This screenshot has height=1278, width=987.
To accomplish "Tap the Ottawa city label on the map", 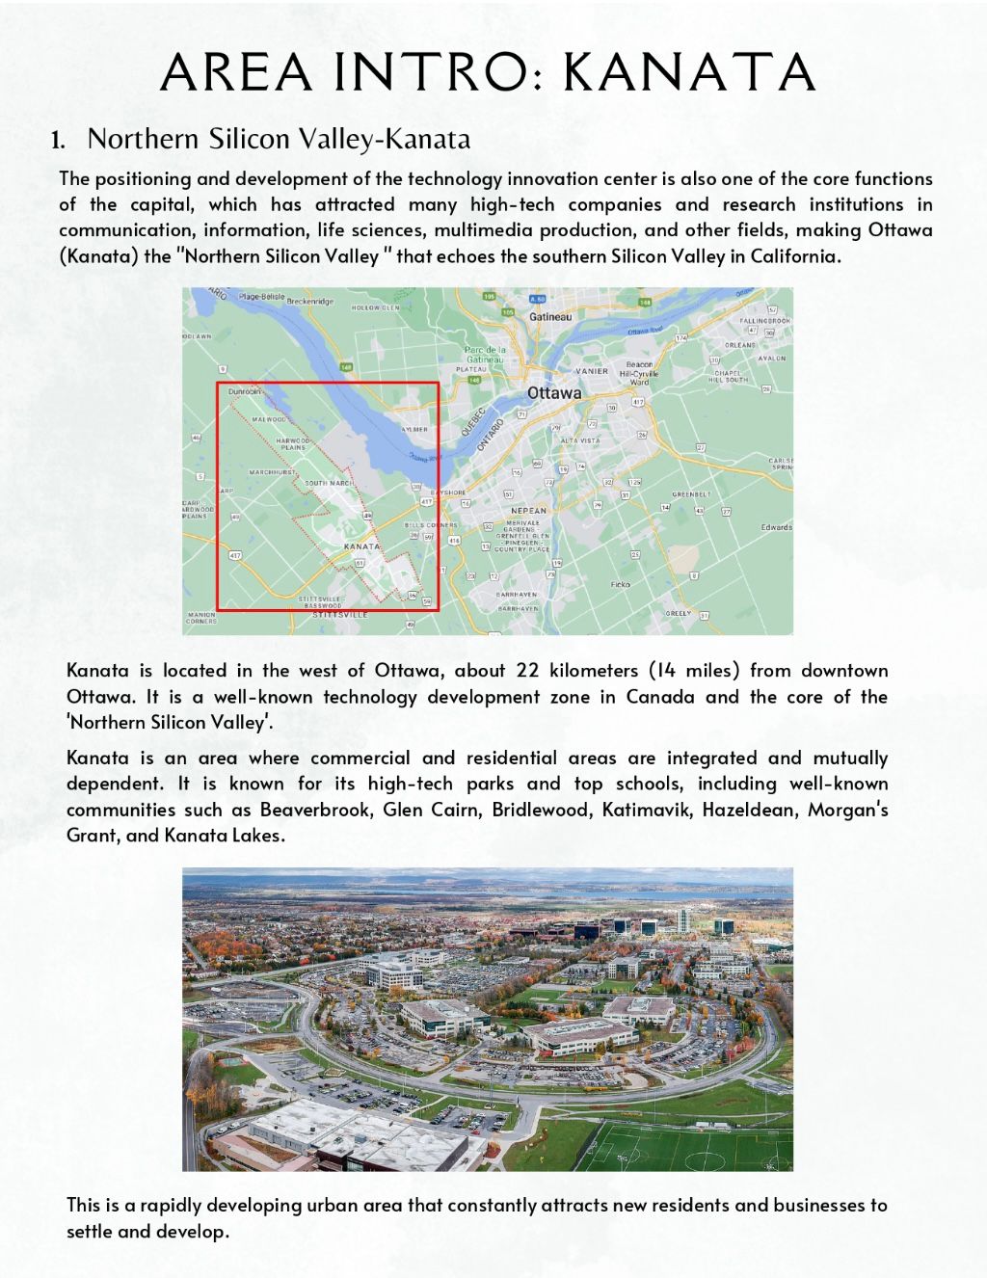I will (554, 393).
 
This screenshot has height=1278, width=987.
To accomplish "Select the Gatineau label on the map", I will (550, 317).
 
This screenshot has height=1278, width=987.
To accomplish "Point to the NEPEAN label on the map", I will (529, 511).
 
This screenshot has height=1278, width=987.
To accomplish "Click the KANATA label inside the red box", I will (362, 546).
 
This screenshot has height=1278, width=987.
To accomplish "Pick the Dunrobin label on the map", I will (245, 392).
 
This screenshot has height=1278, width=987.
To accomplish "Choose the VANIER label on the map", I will (592, 371).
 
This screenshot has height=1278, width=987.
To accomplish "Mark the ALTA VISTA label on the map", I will (580, 440).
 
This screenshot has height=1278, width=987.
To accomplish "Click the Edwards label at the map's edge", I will (776, 527).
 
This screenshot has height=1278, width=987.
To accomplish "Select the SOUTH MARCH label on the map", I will (329, 483).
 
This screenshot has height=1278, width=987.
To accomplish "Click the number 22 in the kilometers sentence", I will (527, 671).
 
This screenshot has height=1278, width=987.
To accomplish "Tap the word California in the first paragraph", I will (794, 256).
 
